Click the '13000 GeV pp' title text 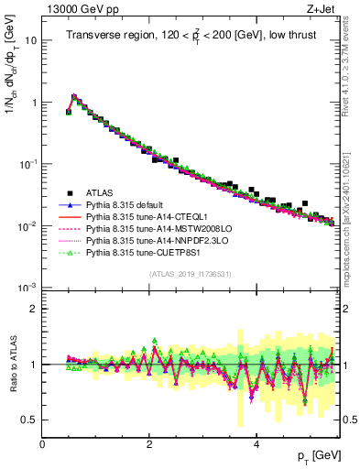coord(80,9)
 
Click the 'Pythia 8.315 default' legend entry coord(128,205)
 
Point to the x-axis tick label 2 coord(149,443)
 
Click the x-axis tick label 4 coord(256,443)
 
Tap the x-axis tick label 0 coord(42,443)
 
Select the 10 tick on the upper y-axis coord(31,40)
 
